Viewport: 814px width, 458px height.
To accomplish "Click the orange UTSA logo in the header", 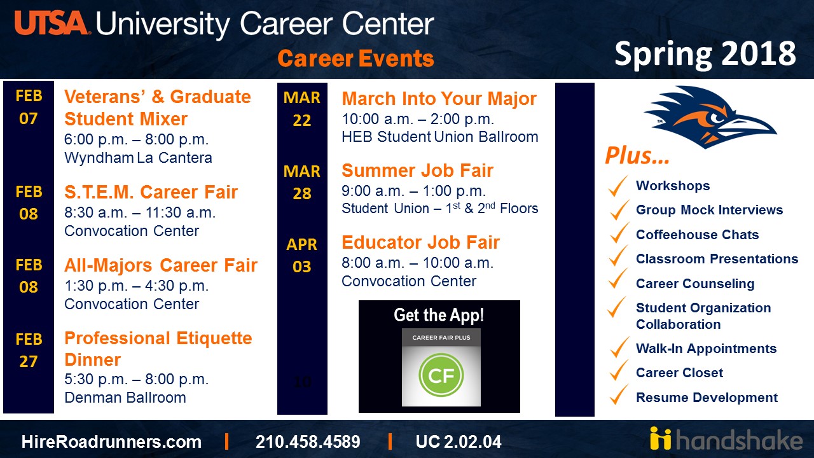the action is tap(51, 22).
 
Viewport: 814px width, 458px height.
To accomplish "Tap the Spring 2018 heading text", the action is tap(705, 54).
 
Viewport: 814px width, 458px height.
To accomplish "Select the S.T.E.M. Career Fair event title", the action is tap(151, 192).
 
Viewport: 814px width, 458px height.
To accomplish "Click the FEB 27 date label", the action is tap(29, 350).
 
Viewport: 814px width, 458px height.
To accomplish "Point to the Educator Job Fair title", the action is tap(420, 242).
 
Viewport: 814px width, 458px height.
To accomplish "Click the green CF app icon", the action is tap(441, 375).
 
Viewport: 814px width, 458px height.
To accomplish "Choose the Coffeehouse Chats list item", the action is tap(698, 235).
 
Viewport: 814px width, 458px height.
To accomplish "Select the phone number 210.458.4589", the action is tap(308, 441).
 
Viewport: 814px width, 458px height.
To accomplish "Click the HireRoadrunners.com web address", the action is tap(111, 441).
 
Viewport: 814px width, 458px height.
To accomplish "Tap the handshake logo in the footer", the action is tap(726, 439).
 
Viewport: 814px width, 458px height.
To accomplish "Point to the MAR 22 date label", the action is tap(301, 109).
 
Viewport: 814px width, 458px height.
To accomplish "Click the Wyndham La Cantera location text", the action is tap(138, 158).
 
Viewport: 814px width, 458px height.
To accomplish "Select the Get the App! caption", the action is tap(439, 315).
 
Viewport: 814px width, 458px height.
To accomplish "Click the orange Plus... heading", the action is tap(637, 156).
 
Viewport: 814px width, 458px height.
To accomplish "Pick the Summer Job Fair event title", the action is tap(417, 170).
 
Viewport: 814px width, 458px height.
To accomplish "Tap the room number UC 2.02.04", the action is tap(459, 441).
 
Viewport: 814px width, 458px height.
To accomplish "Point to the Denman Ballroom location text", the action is tap(125, 398).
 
